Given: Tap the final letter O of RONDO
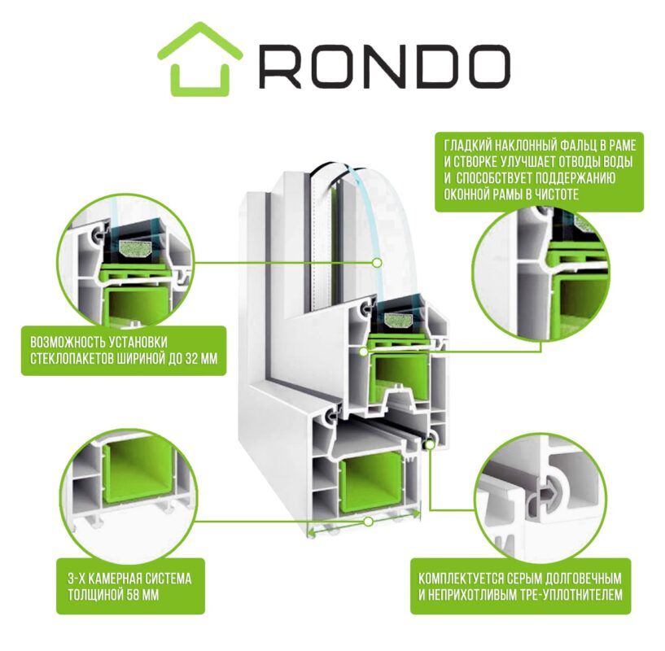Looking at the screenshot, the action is click(x=486, y=67).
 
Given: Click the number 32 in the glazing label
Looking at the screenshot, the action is click(x=193, y=359).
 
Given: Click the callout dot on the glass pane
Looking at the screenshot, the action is click(x=376, y=263).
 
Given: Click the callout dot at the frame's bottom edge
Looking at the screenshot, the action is click(x=369, y=522).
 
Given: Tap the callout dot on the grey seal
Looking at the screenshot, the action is click(x=429, y=444).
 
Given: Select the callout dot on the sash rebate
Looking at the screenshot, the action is click(x=364, y=352).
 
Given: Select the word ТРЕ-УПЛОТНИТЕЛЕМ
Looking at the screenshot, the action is click(x=571, y=595).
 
